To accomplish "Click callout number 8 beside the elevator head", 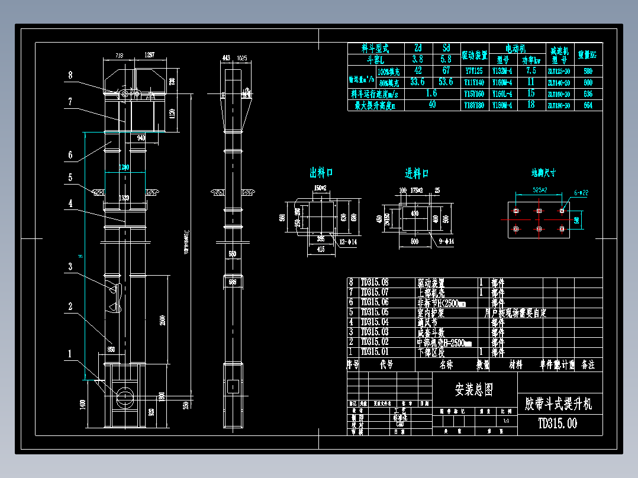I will [70, 75].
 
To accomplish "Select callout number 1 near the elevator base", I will [70, 354].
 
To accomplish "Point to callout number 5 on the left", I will [70, 176].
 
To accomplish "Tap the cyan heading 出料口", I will [321, 173].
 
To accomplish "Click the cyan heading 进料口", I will [417, 173].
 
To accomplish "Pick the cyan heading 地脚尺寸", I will [543, 173].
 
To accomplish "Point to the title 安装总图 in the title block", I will [473, 389].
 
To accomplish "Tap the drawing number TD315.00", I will [557, 423].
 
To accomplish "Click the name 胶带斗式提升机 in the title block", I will [558, 403].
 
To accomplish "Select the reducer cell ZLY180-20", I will [559, 105].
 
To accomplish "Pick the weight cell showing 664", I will [588, 105].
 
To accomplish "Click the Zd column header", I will [417, 48].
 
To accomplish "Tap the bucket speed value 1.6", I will [431, 93].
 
